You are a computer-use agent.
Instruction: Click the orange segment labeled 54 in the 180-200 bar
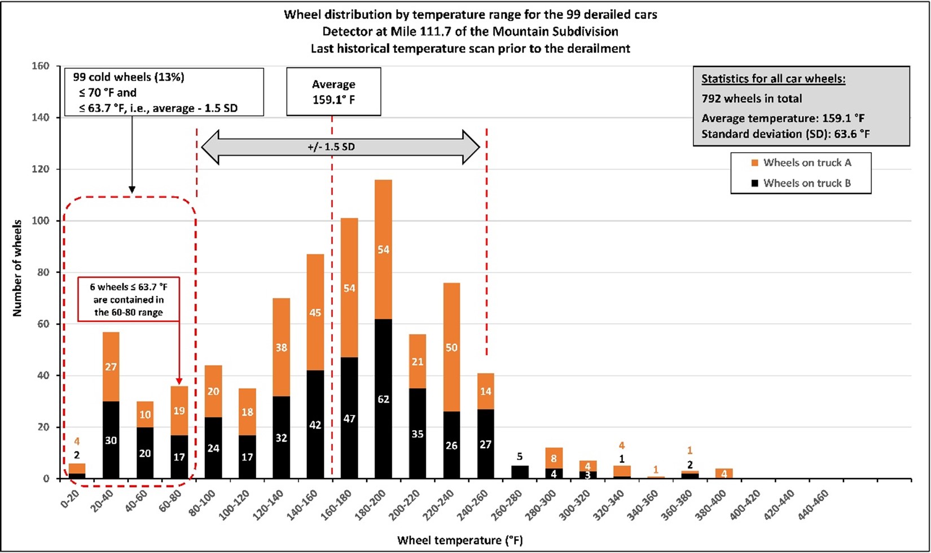[x=383, y=249]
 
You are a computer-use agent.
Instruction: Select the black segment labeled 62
[x=383, y=399]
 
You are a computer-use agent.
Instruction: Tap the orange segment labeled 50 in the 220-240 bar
[x=451, y=347]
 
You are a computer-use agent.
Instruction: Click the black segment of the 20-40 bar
[x=111, y=440]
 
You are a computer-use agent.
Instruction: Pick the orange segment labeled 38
[x=281, y=347]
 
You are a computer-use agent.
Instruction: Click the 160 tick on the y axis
[x=41, y=66]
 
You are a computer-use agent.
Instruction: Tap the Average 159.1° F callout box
[x=333, y=92]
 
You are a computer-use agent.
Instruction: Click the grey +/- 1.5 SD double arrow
[x=340, y=147]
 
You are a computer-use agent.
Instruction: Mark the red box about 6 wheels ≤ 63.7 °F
[x=128, y=299]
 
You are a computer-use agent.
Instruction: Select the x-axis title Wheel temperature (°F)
[x=460, y=540]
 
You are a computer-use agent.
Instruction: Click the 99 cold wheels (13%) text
[x=129, y=77]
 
